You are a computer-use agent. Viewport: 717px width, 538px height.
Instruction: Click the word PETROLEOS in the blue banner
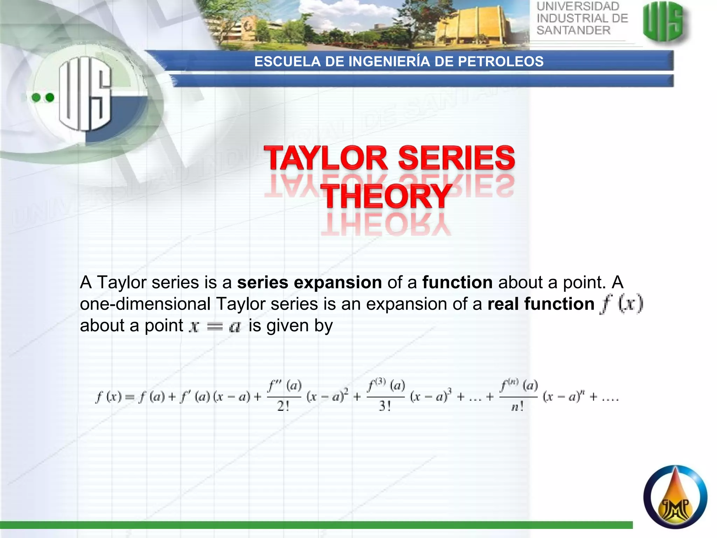pyautogui.click(x=501, y=62)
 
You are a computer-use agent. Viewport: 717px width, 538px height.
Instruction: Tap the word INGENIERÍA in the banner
pyautogui.click(x=389, y=62)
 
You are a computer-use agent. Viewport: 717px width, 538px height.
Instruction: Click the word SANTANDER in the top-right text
pyautogui.click(x=573, y=30)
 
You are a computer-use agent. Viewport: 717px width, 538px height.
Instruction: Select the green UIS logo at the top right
pyautogui.click(x=663, y=22)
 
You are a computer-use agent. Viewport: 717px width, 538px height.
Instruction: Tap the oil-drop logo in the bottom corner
pyautogui.click(x=675, y=497)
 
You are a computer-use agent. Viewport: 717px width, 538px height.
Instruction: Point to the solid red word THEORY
pyautogui.click(x=387, y=196)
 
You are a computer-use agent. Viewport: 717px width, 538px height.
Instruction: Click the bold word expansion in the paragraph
pyautogui.click(x=338, y=282)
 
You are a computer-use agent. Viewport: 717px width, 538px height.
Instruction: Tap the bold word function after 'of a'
pyautogui.click(x=457, y=282)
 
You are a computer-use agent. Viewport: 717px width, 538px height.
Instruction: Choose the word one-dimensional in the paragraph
pyautogui.click(x=145, y=304)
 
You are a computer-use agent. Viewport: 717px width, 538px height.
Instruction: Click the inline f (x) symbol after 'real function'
pyautogui.click(x=621, y=304)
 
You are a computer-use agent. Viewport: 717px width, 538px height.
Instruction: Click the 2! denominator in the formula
pyautogui.click(x=283, y=406)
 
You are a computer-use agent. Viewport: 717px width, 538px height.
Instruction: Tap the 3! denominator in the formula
pyautogui.click(x=385, y=406)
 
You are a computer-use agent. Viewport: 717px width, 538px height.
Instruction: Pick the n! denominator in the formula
pyautogui.click(x=517, y=407)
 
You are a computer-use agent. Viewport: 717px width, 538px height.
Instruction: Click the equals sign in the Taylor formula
pyautogui.click(x=130, y=397)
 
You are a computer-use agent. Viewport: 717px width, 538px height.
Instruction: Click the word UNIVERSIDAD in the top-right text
pyautogui.click(x=578, y=7)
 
